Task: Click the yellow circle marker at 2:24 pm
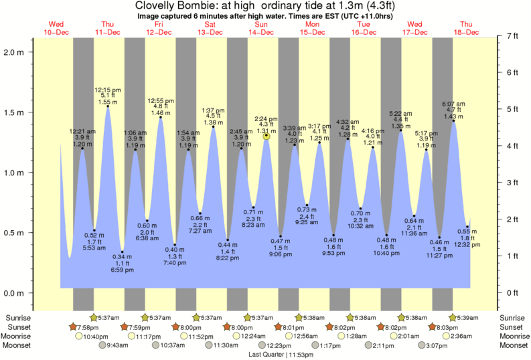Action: (267, 136)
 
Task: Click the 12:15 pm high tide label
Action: (108, 95)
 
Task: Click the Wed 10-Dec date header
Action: (56, 28)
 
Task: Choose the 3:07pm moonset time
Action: (436, 345)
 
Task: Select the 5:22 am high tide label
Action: (400, 119)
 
